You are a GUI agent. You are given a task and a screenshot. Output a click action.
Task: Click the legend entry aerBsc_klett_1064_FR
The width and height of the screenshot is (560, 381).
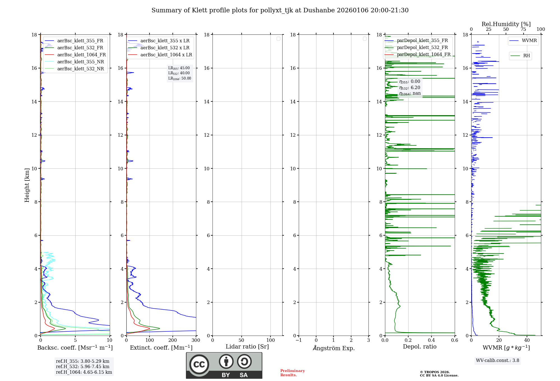[81, 55]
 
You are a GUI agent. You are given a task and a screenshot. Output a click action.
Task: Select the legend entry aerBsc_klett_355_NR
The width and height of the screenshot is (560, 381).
[80, 62]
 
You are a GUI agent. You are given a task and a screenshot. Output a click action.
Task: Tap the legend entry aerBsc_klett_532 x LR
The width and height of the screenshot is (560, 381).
[165, 48]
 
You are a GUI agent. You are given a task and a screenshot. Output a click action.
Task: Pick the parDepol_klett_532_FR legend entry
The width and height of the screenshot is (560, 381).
[422, 48]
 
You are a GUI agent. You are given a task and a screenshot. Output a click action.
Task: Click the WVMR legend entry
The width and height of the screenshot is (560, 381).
[529, 41]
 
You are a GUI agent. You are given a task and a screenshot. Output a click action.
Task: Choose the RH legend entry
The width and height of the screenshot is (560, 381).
[526, 56]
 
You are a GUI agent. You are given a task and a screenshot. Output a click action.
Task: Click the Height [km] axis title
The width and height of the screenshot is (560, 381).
[27, 185]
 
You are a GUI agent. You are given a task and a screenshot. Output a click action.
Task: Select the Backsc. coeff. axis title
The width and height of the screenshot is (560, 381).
[75, 348]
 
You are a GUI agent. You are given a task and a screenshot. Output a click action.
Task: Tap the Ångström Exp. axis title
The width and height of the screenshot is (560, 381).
[333, 348]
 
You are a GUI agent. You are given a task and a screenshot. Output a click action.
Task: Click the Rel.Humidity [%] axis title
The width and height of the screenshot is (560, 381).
[506, 24]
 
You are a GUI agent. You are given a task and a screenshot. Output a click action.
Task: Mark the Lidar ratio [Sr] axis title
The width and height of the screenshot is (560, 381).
[247, 347]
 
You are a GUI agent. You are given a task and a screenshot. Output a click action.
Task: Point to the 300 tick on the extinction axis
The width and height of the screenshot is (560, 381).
[196, 340]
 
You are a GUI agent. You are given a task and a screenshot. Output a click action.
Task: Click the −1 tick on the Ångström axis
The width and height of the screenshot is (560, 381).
[298, 340]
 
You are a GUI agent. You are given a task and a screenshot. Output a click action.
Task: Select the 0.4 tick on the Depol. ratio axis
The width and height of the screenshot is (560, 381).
[431, 340]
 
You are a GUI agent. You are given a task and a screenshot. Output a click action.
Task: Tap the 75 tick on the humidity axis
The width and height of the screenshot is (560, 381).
[523, 29]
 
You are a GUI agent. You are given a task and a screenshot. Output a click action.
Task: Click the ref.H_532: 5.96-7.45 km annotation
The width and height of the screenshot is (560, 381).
[83, 367]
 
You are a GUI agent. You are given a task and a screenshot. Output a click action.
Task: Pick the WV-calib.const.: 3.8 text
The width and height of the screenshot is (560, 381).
[498, 361]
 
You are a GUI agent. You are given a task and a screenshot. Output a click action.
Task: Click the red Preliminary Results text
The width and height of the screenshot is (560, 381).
[292, 373]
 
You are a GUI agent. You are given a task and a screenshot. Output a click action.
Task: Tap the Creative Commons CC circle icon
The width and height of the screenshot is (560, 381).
[199, 364]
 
